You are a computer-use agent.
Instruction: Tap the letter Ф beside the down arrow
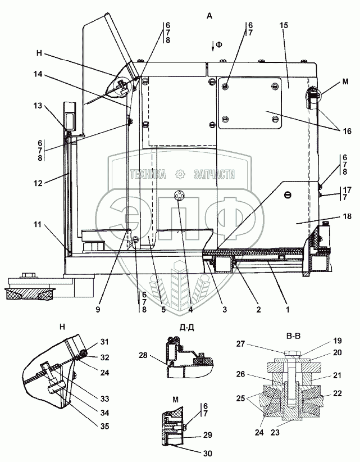click(218, 44)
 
